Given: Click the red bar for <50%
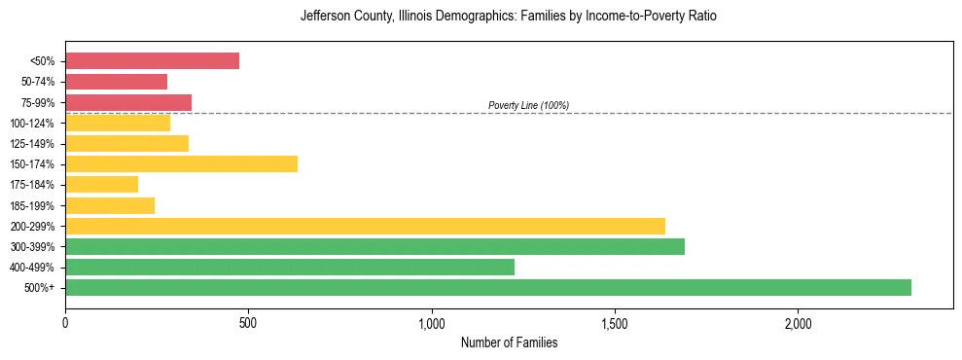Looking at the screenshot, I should [152, 61].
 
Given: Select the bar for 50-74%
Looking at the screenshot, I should [116, 82].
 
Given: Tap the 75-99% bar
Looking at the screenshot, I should [128, 102].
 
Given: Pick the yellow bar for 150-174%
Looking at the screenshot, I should [181, 164].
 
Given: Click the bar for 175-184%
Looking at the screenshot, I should [101, 185].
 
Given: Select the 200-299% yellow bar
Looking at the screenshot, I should [365, 226].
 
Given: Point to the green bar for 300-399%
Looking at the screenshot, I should [374, 246].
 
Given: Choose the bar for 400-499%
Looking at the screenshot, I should [290, 267].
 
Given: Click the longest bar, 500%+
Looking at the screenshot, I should [488, 288].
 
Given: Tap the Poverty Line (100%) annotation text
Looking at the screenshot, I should [528, 105].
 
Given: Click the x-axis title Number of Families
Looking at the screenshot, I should [509, 343].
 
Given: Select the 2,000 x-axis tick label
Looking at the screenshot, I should [798, 323].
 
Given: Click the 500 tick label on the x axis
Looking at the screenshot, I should [248, 323].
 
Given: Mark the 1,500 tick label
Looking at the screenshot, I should [615, 323].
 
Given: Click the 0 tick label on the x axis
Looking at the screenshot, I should [65, 323].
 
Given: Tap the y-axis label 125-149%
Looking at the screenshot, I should [32, 144].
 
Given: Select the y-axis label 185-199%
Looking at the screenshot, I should [32, 205].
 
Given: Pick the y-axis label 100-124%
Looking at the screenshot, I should [32, 124].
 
